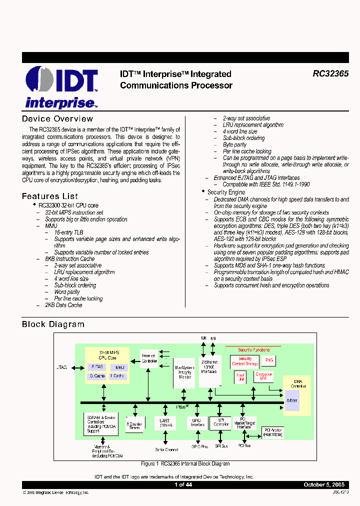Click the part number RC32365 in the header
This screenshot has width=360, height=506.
[x=330, y=73]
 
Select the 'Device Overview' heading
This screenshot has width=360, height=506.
[x=57, y=118]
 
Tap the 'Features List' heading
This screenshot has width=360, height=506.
[x=50, y=196]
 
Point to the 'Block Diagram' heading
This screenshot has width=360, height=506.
[x=53, y=324]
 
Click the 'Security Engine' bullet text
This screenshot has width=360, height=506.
[x=226, y=192]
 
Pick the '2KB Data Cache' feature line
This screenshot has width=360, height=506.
[x=63, y=305]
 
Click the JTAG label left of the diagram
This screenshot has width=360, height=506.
[x=62, y=367]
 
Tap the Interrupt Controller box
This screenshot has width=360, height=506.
[x=149, y=357]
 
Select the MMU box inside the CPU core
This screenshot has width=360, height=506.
[x=118, y=367]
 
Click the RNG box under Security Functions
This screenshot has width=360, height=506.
[x=269, y=360]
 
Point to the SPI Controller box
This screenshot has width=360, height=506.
[x=220, y=423]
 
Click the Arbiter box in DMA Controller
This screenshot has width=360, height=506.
[x=292, y=400]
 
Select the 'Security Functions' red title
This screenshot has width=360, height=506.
[x=253, y=350]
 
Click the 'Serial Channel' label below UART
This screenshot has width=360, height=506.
[x=167, y=450]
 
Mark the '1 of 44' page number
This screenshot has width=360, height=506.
[x=183, y=485]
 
